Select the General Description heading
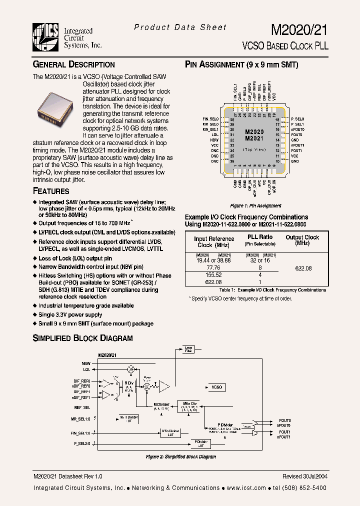(73, 64)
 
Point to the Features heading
(51, 191)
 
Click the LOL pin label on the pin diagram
(214, 135)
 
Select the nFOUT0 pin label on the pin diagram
(297, 129)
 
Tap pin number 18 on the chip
(277, 119)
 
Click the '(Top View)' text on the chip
(254, 149)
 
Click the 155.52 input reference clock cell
(213, 275)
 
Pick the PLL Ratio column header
(260, 237)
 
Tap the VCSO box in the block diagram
(216, 387)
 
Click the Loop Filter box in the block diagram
(188, 349)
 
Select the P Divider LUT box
(201, 443)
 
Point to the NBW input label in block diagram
(86, 363)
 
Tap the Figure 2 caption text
(180, 457)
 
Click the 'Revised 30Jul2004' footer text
(304, 476)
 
